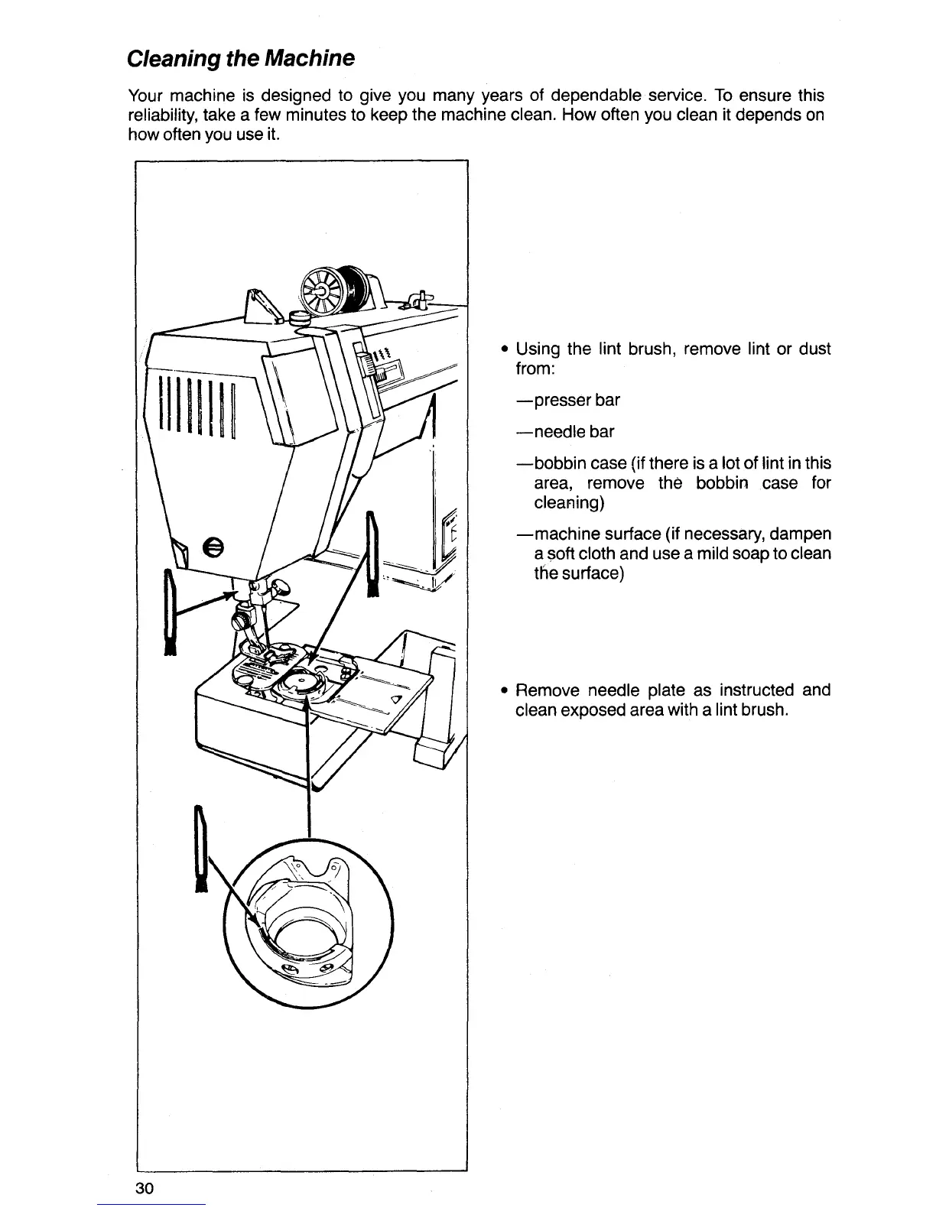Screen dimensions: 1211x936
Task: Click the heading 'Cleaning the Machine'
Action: click(240, 58)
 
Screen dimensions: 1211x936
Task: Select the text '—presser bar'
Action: click(568, 400)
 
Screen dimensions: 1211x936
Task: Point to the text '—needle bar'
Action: click(565, 432)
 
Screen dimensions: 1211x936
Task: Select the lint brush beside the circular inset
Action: click(201, 849)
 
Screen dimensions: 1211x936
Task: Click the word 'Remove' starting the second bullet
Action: click(548, 690)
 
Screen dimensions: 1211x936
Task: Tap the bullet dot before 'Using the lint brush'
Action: click(505, 350)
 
